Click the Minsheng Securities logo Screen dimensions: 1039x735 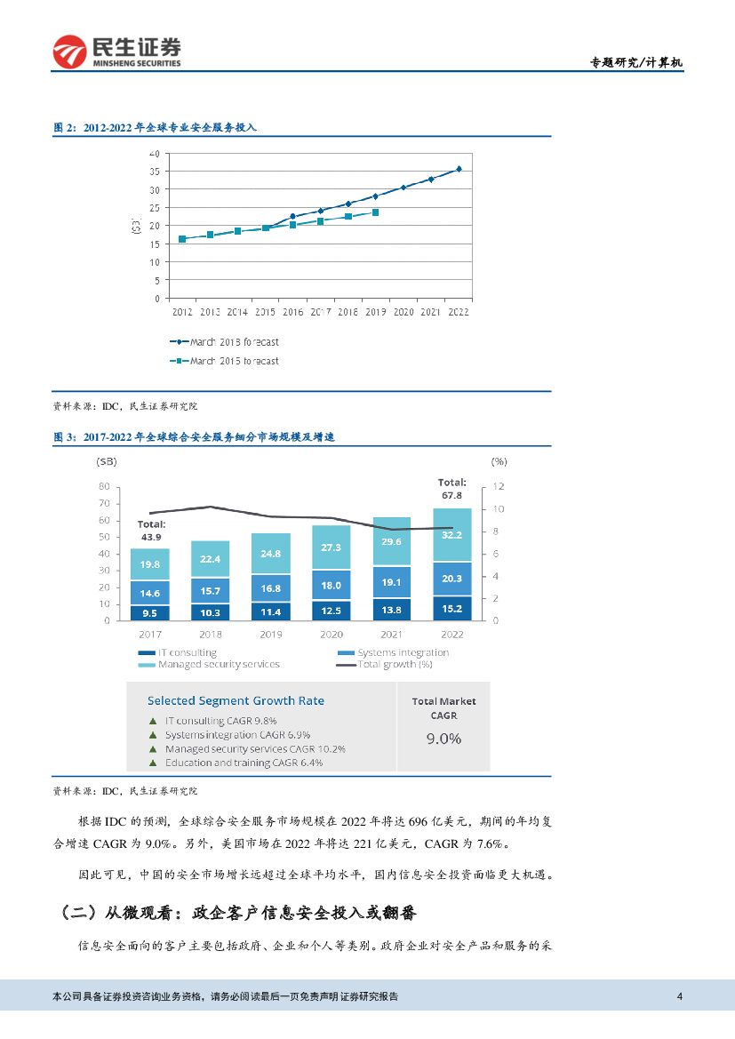(x=116, y=52)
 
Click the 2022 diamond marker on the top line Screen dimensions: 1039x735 (x=459, y=169)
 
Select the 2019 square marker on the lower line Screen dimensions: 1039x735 (x=376, y=212)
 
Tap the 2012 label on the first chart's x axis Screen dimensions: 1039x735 (x=182, y=312)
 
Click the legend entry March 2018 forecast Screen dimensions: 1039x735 (x=224, y=342)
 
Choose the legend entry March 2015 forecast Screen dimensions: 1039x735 (x=224, y=361)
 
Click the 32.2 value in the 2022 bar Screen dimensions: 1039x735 (x=452, y=536)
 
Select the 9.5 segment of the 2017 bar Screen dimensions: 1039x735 (x=149, y=612)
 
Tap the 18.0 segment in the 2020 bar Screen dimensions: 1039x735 (x=331, y=586)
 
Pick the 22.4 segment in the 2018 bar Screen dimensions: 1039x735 (x=210, y=559)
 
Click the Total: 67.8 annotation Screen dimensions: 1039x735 (x=451, y=488)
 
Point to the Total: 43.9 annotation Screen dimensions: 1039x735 (x=151, y=531)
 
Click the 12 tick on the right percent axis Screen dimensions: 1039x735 (x=499, y=487)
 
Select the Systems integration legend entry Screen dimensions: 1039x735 (x=402, y=652)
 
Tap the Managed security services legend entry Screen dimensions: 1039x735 (x=218, y=664)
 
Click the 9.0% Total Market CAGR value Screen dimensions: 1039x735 (x=443, y=739)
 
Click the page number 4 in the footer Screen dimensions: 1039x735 (x=679, y=996)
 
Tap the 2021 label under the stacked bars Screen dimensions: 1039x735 (x=391, y=635)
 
